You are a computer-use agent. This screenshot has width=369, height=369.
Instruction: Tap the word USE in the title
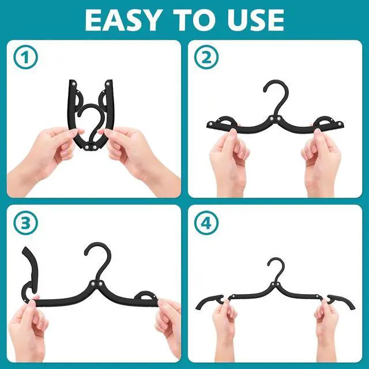coord(253,20)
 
